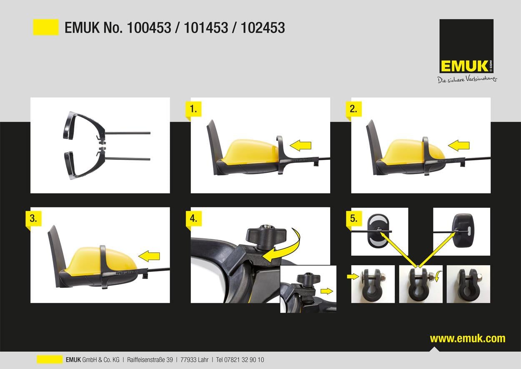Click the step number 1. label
point(193,109)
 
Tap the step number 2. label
point(353,109)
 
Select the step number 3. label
point(33,218)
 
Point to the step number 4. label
point(193,218)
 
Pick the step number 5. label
point(354,218)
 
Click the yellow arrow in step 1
point(301,145)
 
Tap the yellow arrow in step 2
point(458,145)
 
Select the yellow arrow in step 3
point(149,256)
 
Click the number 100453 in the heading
point(149,27)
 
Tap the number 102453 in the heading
point(263,27)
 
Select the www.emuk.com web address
point(468,339)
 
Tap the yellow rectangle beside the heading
point(46,27)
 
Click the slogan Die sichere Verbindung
point(467,80)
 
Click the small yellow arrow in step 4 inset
point(327,291)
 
